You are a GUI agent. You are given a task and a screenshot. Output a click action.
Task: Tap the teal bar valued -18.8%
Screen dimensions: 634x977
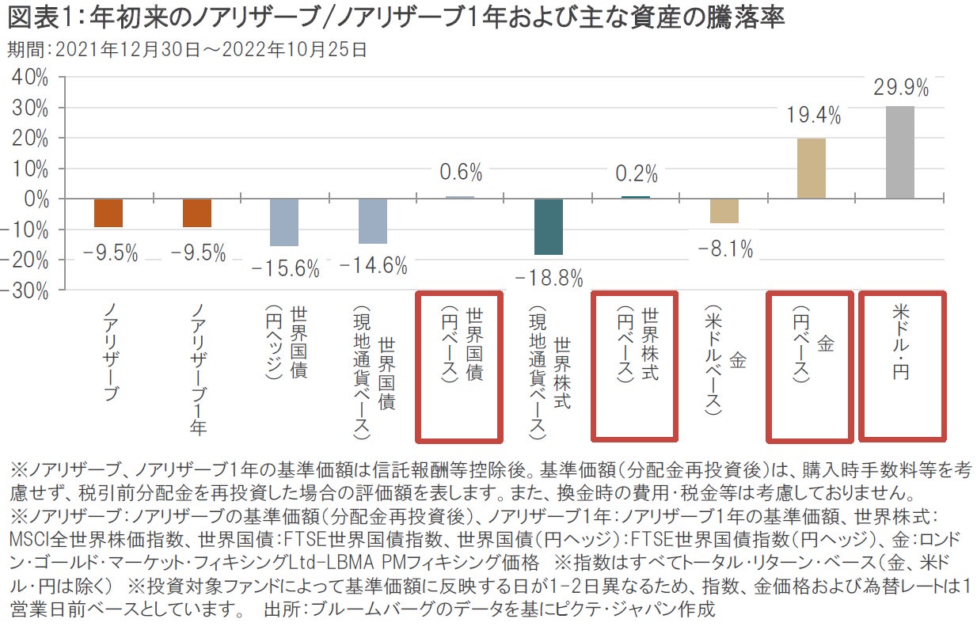548,226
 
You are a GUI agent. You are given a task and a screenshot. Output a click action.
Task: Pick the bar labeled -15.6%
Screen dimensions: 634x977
284,222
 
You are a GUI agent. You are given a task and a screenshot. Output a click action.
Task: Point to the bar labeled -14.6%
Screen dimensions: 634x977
372,221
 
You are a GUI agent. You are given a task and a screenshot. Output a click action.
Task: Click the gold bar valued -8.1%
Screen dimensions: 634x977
724,211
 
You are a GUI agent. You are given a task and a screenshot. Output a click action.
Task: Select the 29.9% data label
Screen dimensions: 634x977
900,87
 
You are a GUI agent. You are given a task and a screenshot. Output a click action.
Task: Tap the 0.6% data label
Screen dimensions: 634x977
459,172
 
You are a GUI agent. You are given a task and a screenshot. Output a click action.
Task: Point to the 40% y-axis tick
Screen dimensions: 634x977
30,78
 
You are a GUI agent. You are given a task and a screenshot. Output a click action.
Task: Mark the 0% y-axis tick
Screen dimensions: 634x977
36,199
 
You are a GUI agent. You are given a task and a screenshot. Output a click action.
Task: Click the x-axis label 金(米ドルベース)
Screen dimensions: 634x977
724,360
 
